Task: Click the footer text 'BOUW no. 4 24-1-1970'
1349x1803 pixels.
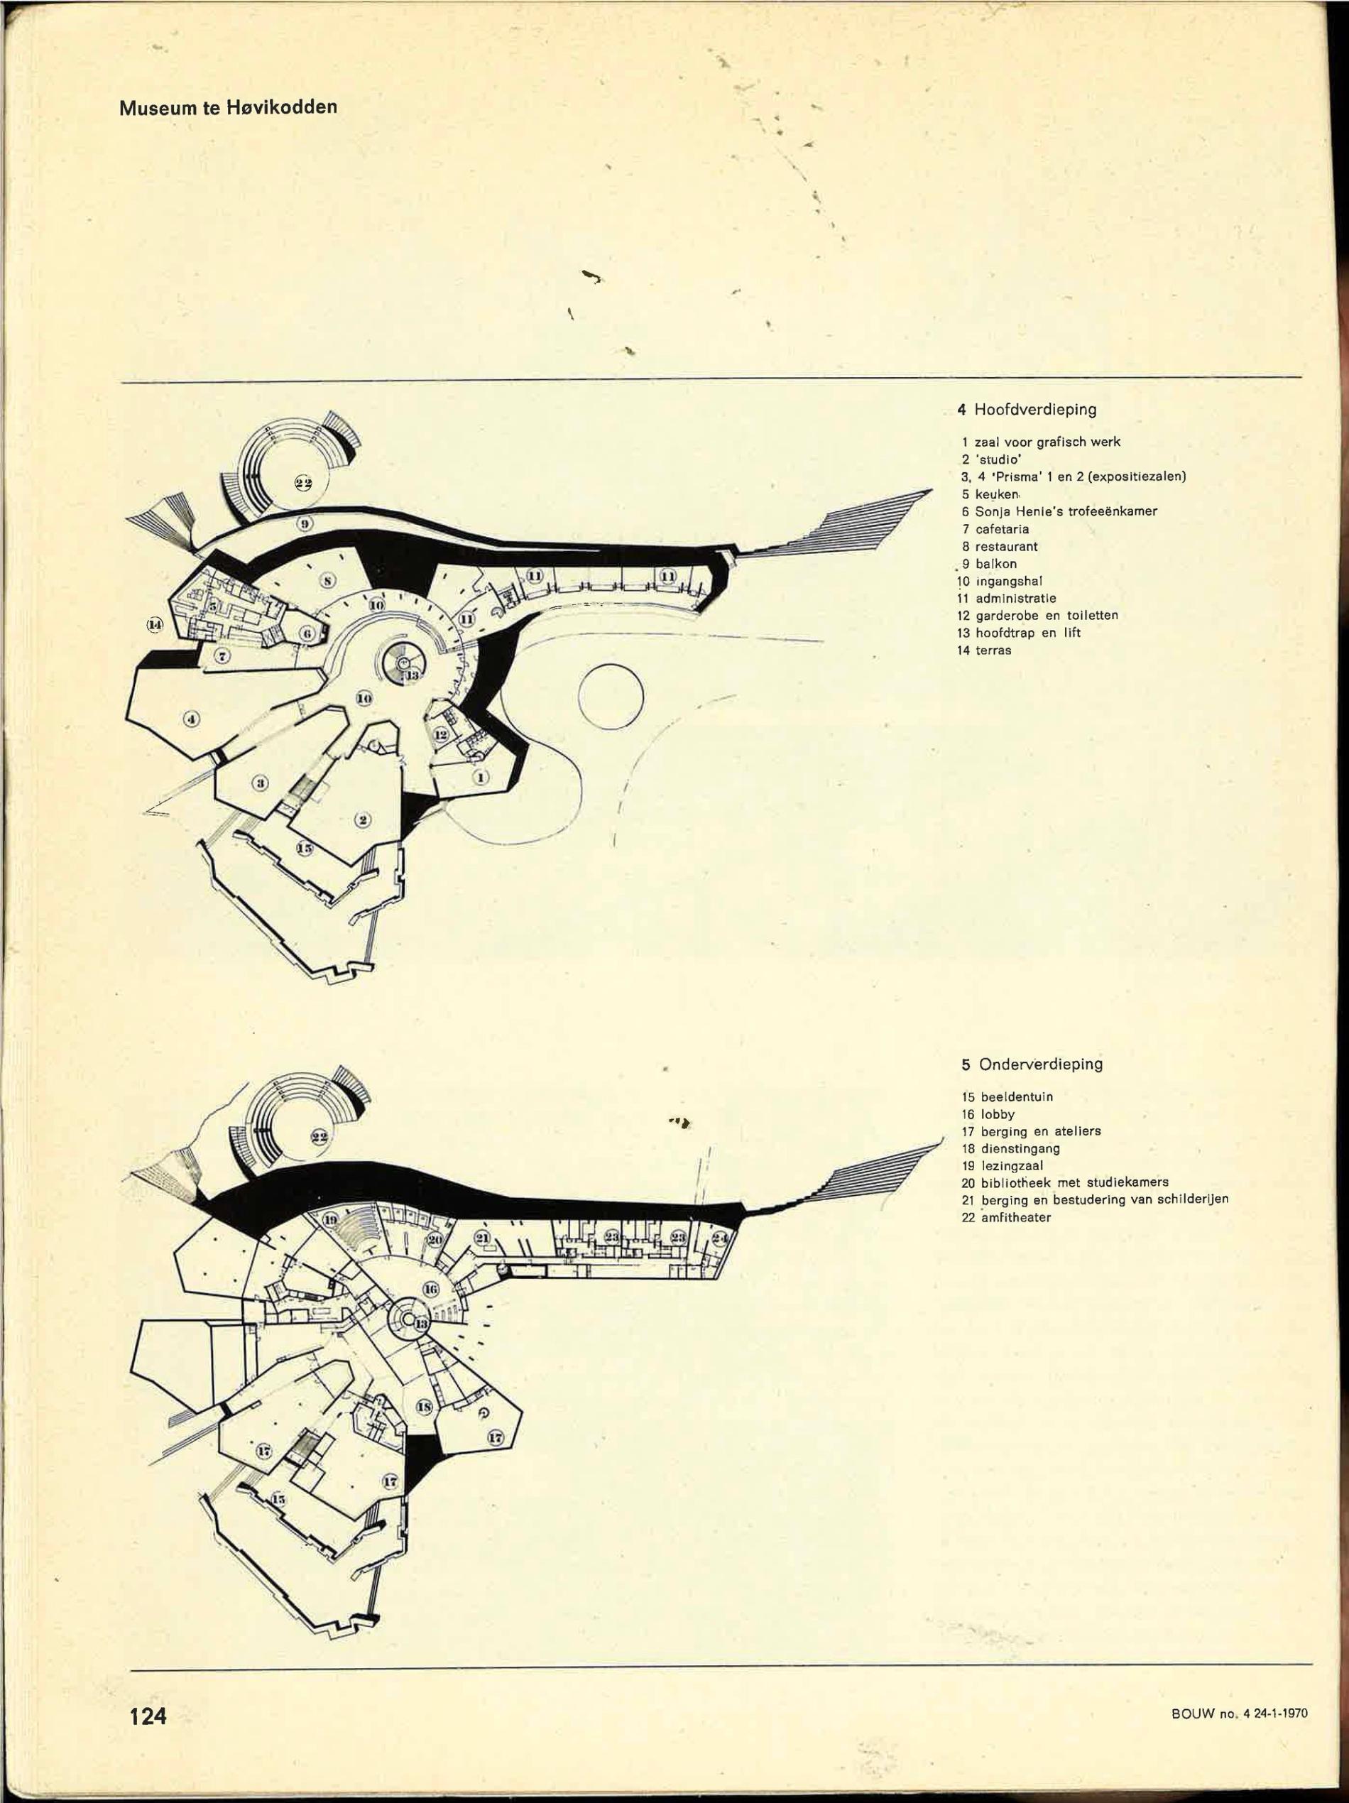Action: (x=1239, y=1714)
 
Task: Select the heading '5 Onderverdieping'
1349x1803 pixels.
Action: (x=1031, y=1064)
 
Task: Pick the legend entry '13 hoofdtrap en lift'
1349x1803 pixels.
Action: (x=1020, y=633)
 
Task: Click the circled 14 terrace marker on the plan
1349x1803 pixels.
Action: (x=155, y=624)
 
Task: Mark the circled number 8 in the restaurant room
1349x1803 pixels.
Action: (x=327, y=580)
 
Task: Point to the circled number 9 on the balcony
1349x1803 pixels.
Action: (x=304, y=523)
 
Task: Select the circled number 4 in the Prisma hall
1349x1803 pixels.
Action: (x=191, y=718)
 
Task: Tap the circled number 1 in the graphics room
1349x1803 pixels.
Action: (x=481, y=777)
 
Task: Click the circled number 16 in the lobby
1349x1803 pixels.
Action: (x=431, y=1289)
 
